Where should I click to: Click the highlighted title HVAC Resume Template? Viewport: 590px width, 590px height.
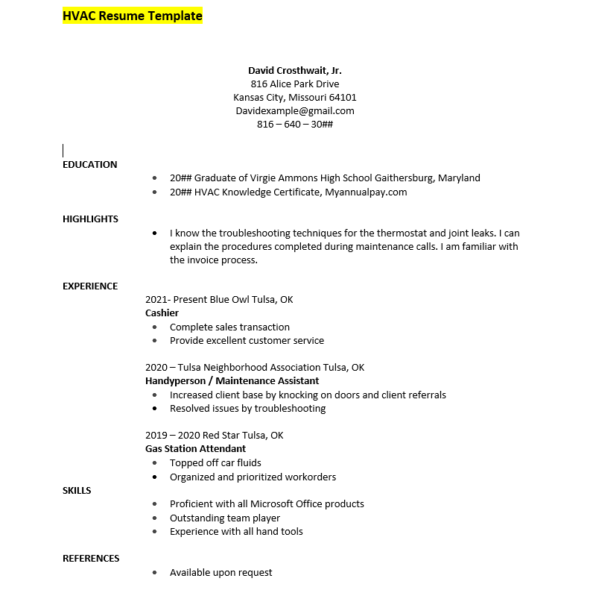132,16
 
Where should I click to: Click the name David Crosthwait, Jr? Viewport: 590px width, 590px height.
295,70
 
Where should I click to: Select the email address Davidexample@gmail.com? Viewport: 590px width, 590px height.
295,110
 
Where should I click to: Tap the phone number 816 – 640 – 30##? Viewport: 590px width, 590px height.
295,124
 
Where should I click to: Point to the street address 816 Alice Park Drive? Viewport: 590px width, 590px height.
295,84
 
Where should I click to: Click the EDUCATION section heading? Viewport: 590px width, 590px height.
89,165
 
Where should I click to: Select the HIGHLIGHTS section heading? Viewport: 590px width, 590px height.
90,219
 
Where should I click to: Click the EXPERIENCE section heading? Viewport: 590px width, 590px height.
90,286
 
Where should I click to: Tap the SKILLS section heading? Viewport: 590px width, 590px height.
77,490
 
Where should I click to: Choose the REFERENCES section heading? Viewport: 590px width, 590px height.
91,559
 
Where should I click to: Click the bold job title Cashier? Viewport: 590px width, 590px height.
162,313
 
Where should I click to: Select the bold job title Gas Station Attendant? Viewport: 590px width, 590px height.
195,449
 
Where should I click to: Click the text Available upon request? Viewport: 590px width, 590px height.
221,573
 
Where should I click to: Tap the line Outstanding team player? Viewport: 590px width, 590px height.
224,518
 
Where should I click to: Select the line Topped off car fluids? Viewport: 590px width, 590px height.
215,463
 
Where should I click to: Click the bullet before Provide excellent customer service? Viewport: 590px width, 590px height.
154,341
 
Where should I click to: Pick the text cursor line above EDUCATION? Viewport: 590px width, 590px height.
63,150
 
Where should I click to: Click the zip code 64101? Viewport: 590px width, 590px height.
343,97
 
